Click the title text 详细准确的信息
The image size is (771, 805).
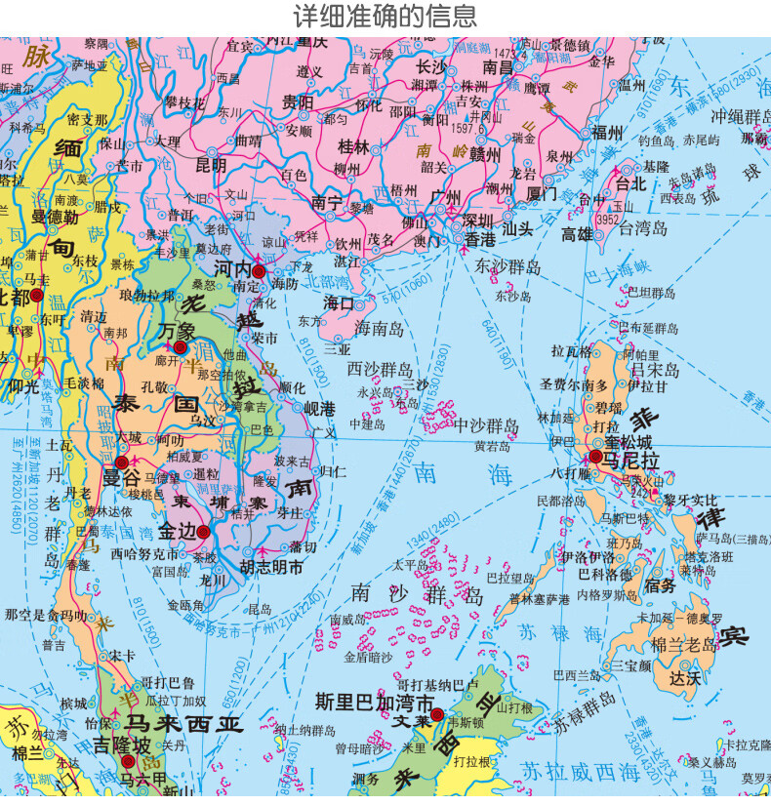pos(385,17)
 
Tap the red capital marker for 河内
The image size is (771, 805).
pos(259,271)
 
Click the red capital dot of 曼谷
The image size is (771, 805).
pos(122,462)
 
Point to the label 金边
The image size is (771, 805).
pos(176,533)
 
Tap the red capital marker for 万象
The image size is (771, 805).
pos(181,346)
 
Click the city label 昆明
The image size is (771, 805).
pos(211,165)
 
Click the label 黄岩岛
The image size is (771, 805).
pos(493,446)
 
